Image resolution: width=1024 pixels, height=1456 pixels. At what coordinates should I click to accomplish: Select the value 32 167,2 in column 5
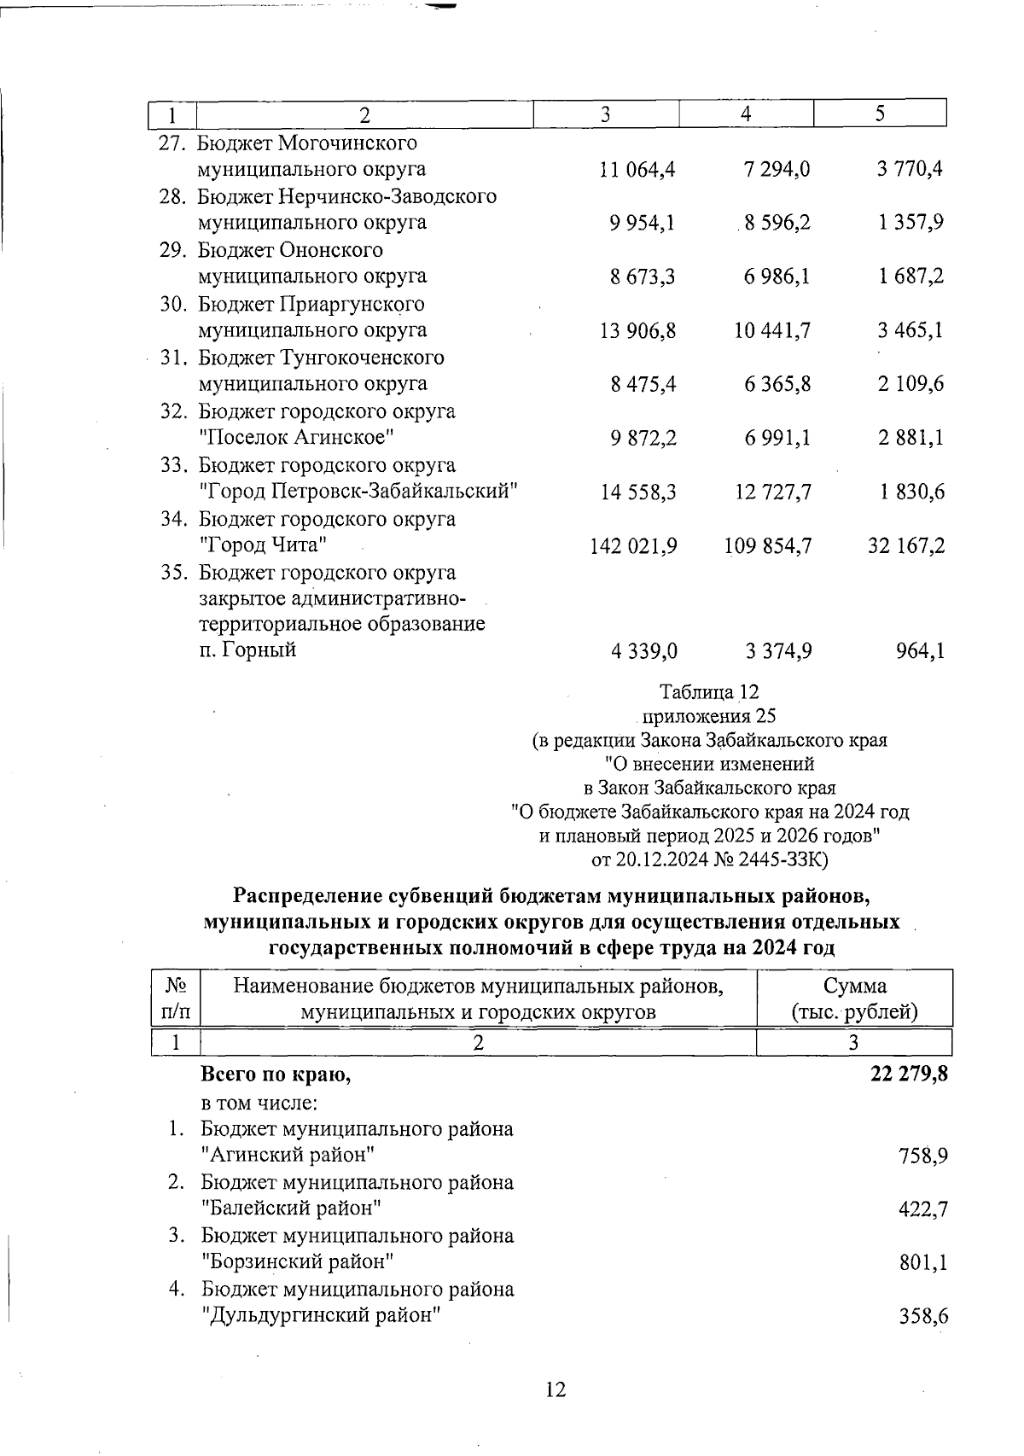(x=906, y=546)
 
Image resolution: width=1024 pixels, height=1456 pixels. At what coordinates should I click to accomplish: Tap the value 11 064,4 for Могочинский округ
(x=637, y=170)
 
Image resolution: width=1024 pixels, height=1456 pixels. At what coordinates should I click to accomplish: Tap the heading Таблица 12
(x=709, y=691)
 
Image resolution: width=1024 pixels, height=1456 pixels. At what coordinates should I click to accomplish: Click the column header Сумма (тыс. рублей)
(x=854, y=999)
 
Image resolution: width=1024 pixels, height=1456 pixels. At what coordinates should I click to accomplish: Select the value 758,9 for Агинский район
(x=923, y=1157)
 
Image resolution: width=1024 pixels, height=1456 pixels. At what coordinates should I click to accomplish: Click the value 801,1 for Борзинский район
(x=923, y=1263)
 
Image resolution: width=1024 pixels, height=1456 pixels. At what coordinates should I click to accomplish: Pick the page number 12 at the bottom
(x=555, y=1390)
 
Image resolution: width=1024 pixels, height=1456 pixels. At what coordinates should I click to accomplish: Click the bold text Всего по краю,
(x=276, y=1075)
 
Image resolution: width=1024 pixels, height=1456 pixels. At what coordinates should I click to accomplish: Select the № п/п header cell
(x=175, y=999)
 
